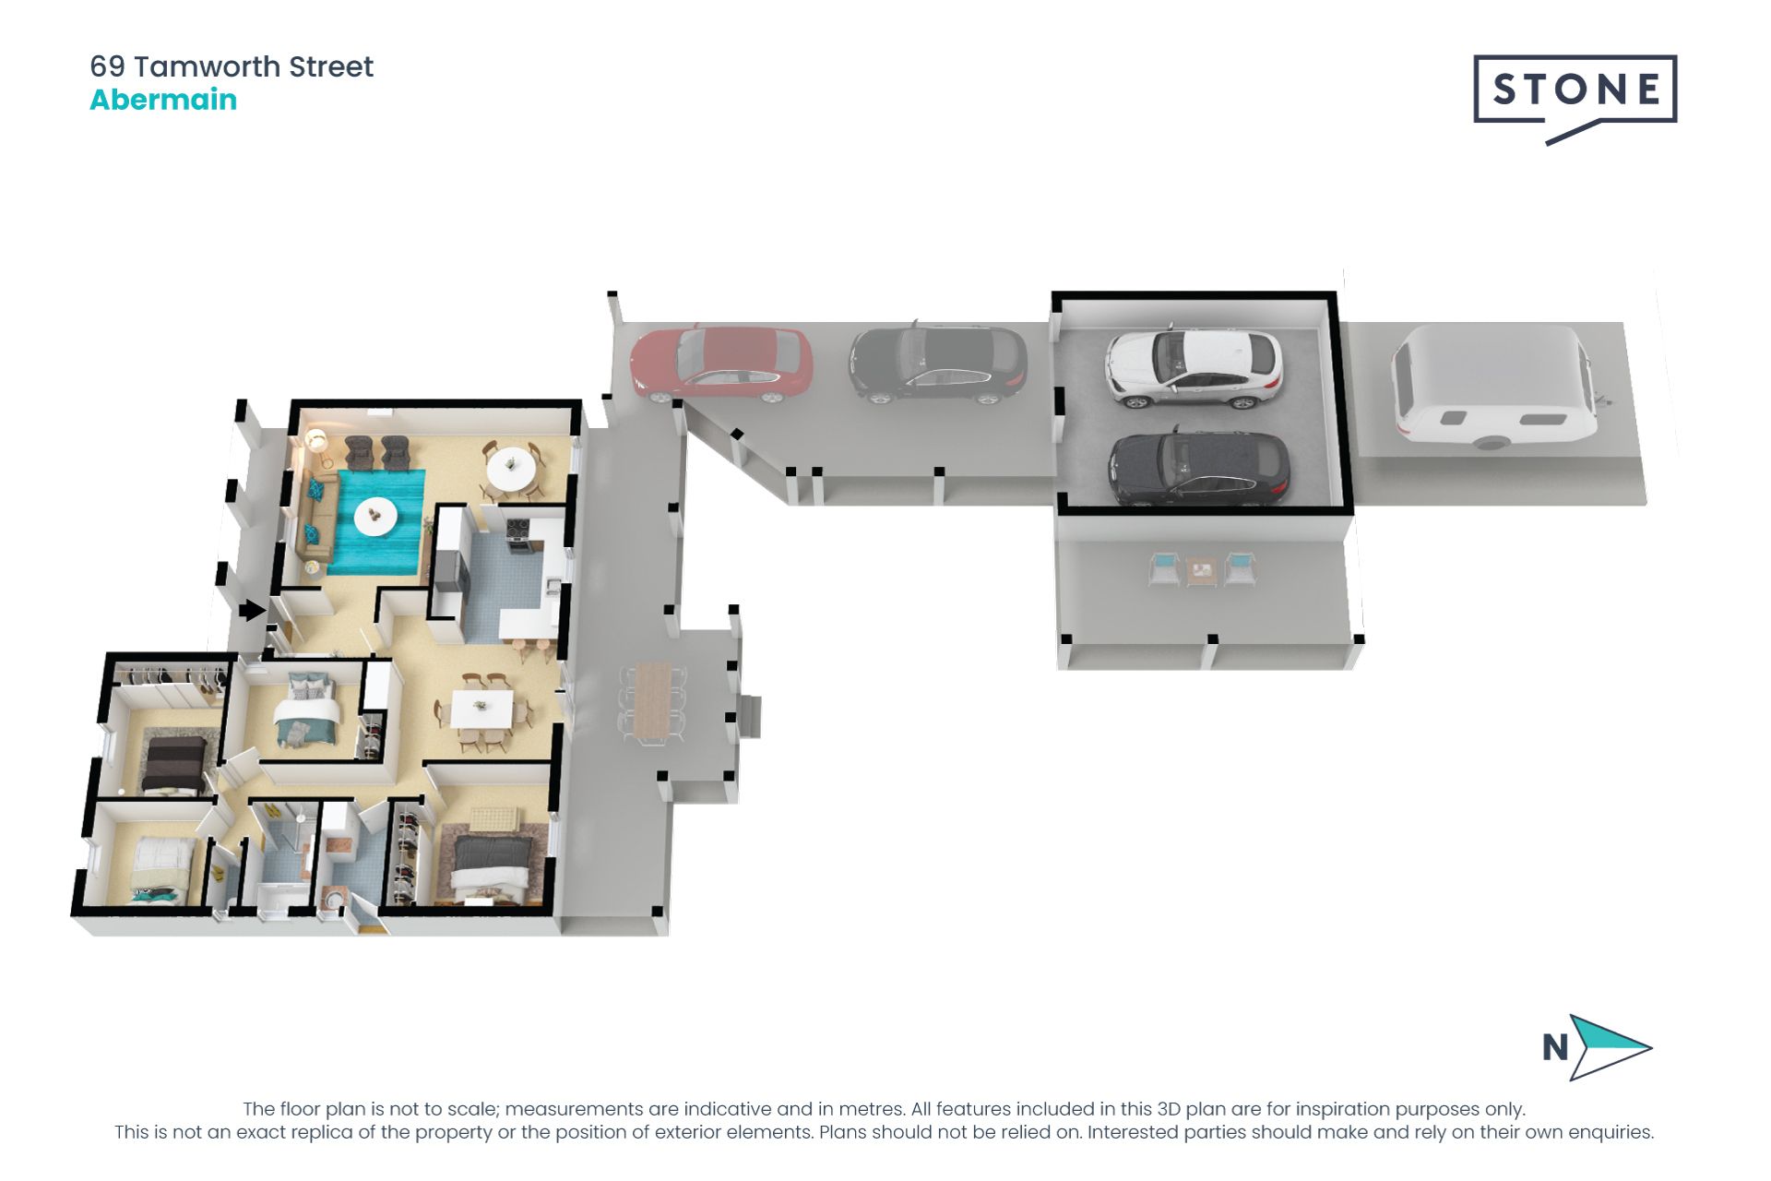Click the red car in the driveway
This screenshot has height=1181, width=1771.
tap(721, 365)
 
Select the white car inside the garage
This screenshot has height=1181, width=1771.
tap(1194, 369)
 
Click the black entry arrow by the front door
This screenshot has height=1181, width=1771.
tap(252, 610)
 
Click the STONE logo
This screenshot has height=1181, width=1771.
tap(1575, 90)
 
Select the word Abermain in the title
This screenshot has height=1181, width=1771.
tap(163, 100)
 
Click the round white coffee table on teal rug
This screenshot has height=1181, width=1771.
tap(375, 516)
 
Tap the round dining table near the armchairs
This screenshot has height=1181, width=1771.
tap(511, 470)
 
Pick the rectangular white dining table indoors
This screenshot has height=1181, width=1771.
tap(481, 710)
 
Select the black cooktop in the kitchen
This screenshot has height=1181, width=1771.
tap(518, 530)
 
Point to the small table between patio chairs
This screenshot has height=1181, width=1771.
tap(1201, 572)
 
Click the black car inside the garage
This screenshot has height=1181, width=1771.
tap(1198, 470)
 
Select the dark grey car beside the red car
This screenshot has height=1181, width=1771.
tap(937, 364)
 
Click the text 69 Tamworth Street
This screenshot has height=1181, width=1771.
tap(232, 66)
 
